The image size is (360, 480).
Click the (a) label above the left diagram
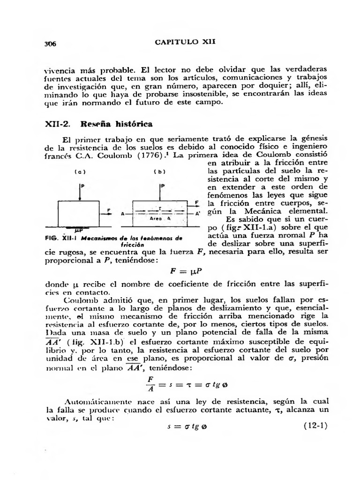(77, 172)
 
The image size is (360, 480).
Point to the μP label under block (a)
(79, 231)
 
